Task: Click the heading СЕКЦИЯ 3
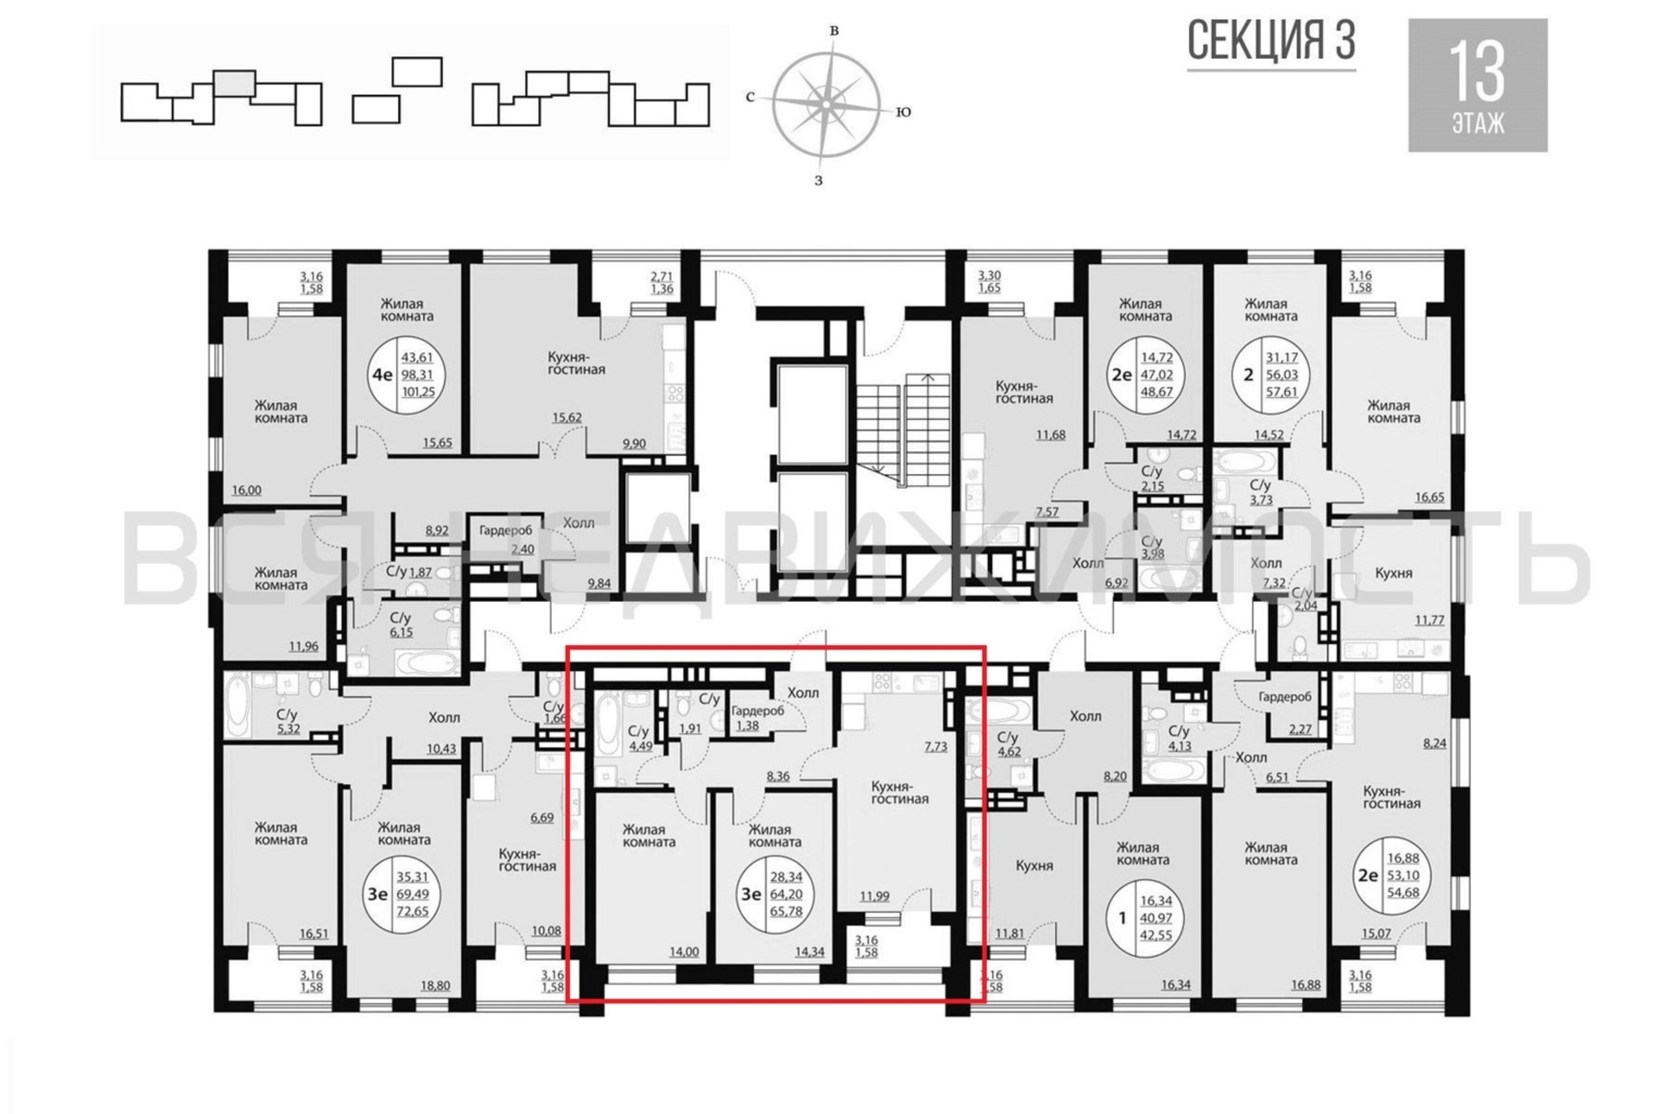click(x=1271, y=41)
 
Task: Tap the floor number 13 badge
click(x=1478, y=85)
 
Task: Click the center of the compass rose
click(x=826, y=105)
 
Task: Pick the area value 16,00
click(x=247, y=490)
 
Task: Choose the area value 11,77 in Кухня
click(x=1429, y=620)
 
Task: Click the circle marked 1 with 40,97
click(x=1145, y=918)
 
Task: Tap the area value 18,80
click(x=436, y=986)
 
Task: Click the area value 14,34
click(x=809, y=952)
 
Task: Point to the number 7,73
click(x=936, y=747)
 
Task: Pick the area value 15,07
click(x=1375, y=933)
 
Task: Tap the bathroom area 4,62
click(x=1009, y=750)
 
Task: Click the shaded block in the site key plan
click(x=234, y=83)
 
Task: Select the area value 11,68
click(x=1050, y=435)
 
